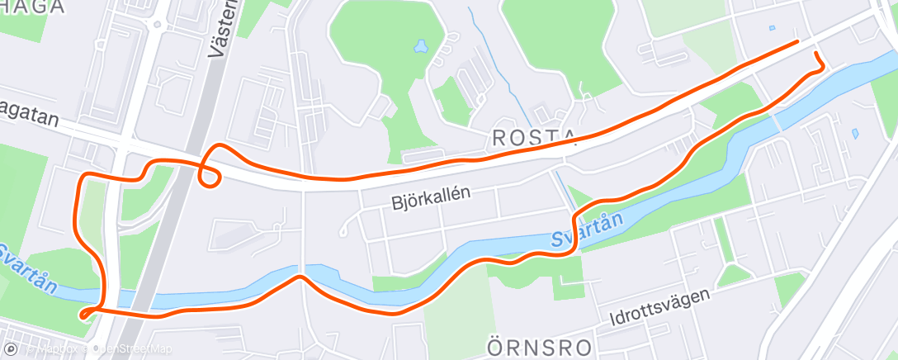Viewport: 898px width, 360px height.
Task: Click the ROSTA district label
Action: [x=534, y=138]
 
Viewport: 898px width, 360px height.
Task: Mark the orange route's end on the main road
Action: [x=797, y=40]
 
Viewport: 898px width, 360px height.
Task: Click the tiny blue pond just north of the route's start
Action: [x=772, y=28]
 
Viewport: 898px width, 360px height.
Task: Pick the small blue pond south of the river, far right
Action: [x=854, y=132]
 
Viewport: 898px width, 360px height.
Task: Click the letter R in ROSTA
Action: [x=498, y=138]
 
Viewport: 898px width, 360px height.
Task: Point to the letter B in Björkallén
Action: [x=395, y=200]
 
